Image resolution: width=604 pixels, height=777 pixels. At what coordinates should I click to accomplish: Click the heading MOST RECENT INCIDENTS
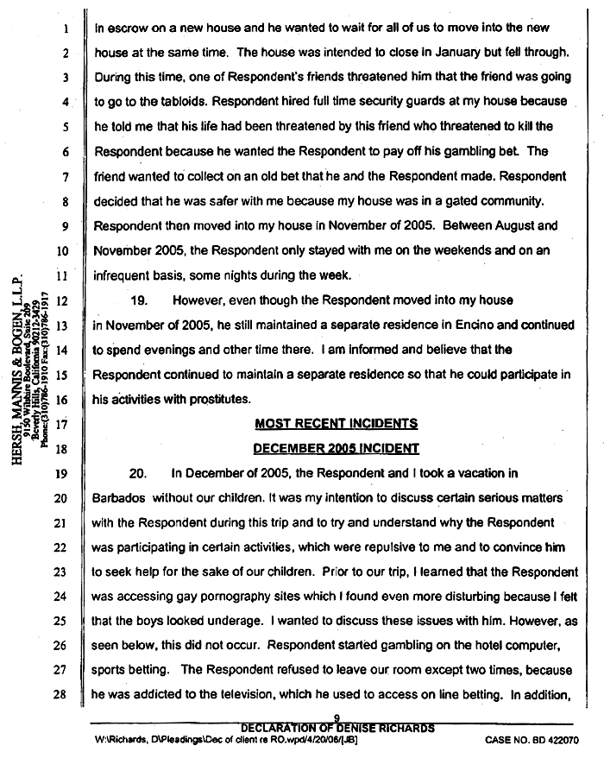(x=336, y=424)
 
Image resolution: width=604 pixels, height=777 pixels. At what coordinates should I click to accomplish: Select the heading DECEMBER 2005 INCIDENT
(x=336, y=448)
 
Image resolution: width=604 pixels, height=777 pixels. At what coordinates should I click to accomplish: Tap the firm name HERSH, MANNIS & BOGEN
(x=19, y=372)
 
